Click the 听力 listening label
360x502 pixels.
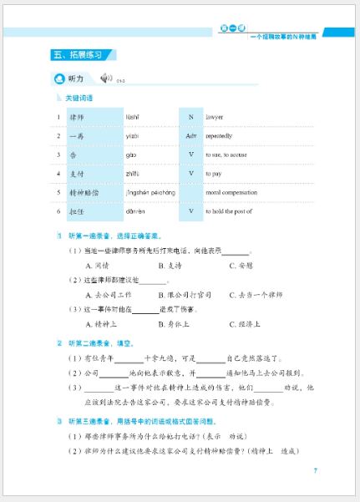point(75,79)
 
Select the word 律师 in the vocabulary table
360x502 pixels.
point(79,116)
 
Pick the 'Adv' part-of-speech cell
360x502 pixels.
point(190,135)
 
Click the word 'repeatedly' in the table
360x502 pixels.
point(225,135)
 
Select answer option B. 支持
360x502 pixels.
point(173,266)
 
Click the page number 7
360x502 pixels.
point(314,470)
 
